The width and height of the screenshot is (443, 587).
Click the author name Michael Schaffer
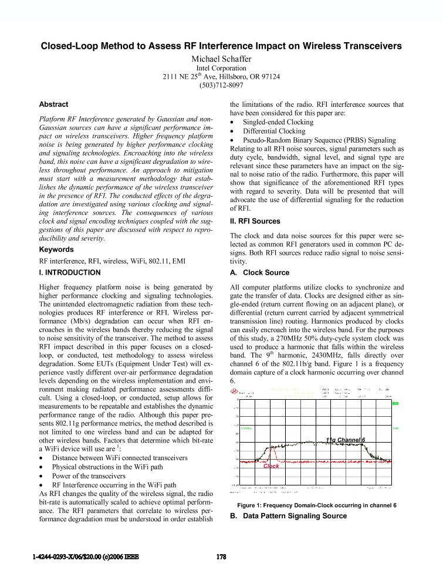click(x=221, y=59)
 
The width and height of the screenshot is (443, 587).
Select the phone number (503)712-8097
click(x=221, y=85)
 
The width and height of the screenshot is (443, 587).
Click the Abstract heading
click(x=53, y=104)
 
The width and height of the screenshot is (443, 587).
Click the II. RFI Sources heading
click(x=255, y=221)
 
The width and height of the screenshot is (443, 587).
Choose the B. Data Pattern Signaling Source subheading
click(x=288, y=516)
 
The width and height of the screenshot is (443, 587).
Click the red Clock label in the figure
click(x=271, y=465)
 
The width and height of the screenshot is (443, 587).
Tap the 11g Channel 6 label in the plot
click(x=346, y=440)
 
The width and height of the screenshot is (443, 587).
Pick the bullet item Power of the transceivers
click(x=89, y=476)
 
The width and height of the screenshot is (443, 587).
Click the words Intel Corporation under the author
click(x=221, y=68)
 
